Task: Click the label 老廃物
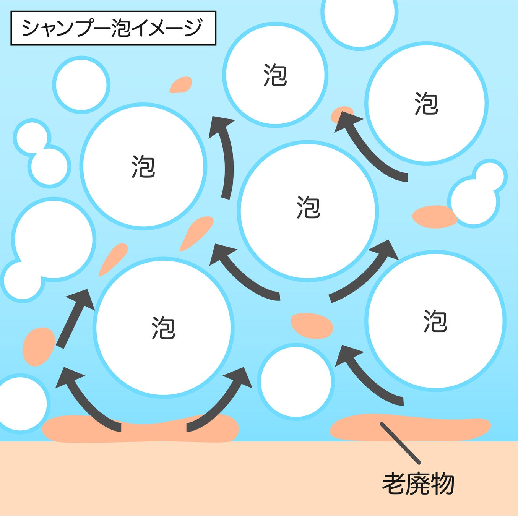point(418,484)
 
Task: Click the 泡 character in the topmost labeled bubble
point(275,75)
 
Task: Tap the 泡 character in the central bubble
point(308,208)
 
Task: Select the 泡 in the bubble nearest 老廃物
point(435,321)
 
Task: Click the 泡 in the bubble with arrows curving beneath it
point(163,328)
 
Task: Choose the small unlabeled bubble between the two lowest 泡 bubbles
point(296,381)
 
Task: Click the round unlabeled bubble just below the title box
point(81,84)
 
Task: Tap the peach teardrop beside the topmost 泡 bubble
point(181,85)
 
